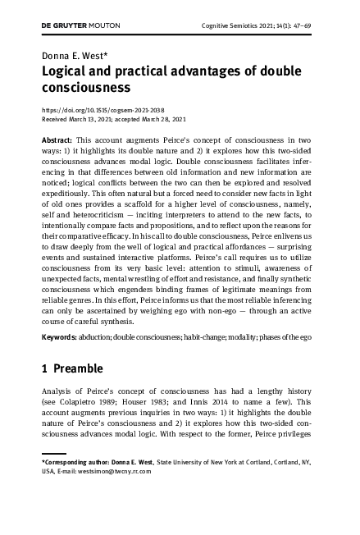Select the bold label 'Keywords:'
[59, 337]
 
